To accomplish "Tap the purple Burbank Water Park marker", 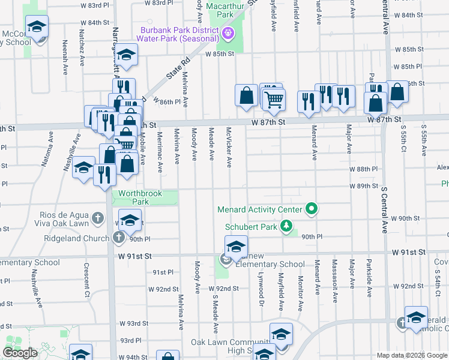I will [228, 34].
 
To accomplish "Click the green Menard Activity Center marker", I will [312, 209].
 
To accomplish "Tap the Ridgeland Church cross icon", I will [118, 238].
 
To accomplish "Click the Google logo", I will [20, 353].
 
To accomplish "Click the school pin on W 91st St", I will [236, 247].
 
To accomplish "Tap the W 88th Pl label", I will [364, 169].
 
